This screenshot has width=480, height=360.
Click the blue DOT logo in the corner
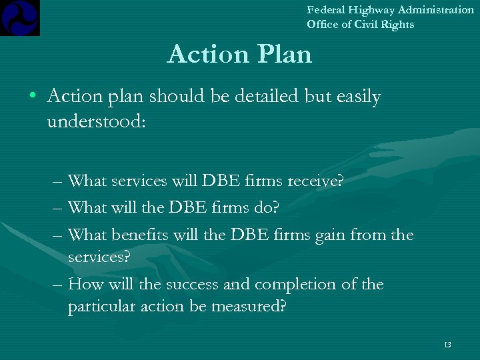pos(20,17)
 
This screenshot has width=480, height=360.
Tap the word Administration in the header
pos(437,10)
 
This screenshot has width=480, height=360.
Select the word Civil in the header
pos(369,25)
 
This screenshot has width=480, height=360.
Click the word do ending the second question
pos(266,208)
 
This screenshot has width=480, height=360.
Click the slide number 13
pos(447,345)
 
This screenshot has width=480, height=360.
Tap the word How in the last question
pos(83,284)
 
